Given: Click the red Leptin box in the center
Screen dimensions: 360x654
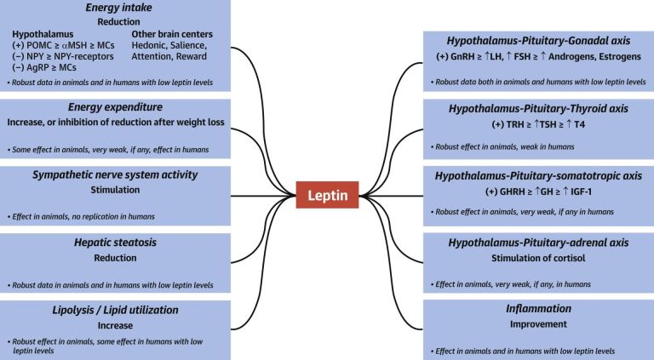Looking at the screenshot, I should pos(326,197).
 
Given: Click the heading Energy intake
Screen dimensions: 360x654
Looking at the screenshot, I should pos(113,8).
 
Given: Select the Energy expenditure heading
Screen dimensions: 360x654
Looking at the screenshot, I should pos(113,107).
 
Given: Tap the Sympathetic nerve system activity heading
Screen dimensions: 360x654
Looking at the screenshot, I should pos(113,174).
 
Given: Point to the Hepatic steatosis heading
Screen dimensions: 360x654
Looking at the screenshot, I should pos(113,243).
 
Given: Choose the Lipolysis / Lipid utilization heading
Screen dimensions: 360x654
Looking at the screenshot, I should pos(113,310).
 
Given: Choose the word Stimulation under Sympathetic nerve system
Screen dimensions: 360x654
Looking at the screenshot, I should pos(113,190).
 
